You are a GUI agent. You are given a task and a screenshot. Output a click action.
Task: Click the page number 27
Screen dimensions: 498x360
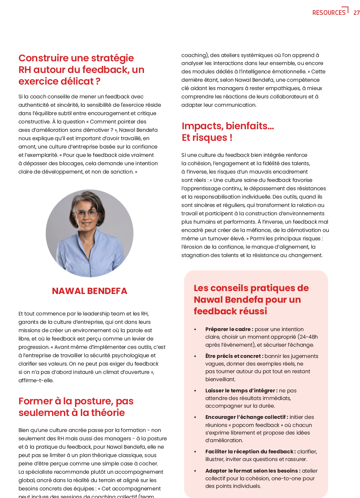pos(356,13)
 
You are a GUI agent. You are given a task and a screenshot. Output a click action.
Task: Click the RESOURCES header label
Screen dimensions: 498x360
pos(329,13)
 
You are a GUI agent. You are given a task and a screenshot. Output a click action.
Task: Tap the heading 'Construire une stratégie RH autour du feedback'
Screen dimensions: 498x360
pos(81,70)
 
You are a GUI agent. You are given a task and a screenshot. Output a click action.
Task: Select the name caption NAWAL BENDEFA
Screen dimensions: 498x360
pos(90,291)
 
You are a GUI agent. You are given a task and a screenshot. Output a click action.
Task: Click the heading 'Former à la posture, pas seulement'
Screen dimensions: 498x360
pos(76,407)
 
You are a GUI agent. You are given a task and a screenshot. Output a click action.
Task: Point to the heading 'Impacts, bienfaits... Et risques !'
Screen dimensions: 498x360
pos(228,132)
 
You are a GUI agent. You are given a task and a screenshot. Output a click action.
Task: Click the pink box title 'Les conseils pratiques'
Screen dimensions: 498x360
pos(251,299)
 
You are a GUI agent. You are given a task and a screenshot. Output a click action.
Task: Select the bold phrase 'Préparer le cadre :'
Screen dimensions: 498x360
pos(229,329)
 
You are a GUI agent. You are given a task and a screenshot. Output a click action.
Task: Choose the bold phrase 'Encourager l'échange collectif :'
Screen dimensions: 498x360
pos(246,417)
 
